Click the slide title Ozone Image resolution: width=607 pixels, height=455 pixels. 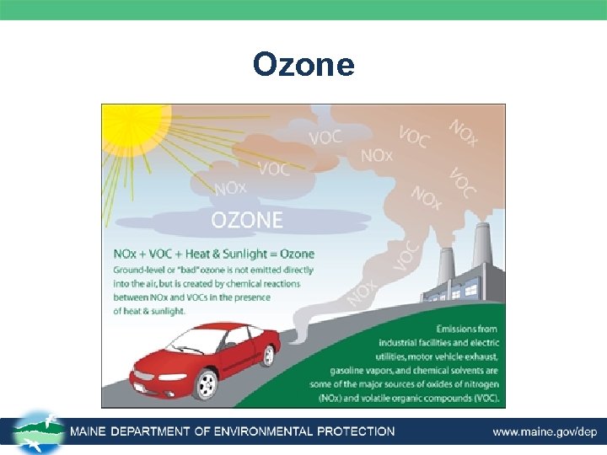303,65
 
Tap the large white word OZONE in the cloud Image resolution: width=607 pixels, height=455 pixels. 247,221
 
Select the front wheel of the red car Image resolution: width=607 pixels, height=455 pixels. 205,384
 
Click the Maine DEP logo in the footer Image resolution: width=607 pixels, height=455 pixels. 37,433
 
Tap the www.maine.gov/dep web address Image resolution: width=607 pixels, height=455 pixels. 545,432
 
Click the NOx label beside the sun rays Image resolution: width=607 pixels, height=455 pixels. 230,189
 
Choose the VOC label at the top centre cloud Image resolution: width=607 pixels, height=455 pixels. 325,136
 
